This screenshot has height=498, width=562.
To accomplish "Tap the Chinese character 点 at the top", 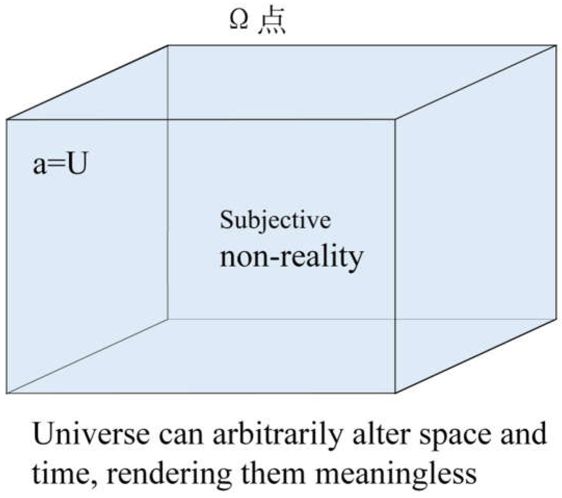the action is (272, 23).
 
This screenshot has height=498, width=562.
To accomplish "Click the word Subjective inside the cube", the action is (275, 220).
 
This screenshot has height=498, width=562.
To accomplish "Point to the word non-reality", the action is (291, 257).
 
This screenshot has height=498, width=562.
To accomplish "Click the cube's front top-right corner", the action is (395, 120).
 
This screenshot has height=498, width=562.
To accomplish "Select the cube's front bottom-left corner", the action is (6, 393).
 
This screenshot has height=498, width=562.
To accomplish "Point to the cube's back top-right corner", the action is (556, 46).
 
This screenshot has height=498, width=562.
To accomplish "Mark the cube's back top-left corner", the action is (167, 46).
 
